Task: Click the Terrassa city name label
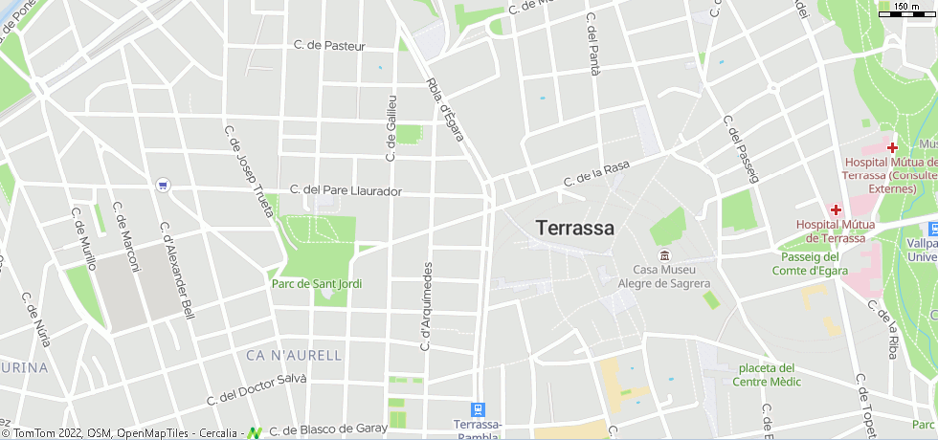(x=575, y=229)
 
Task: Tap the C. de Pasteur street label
(x=329, y=45)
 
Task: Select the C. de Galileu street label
(x=391, y=127)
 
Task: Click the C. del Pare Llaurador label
(x=346, y=190)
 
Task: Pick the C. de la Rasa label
(x=596, y=173)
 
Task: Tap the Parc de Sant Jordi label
(x=317, y=283)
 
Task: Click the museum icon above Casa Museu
(x=664, y=255)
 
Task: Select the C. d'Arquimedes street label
(x=426, y=306)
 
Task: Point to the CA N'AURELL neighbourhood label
(x=293, y=356)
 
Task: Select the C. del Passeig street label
(x=740, y=149)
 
